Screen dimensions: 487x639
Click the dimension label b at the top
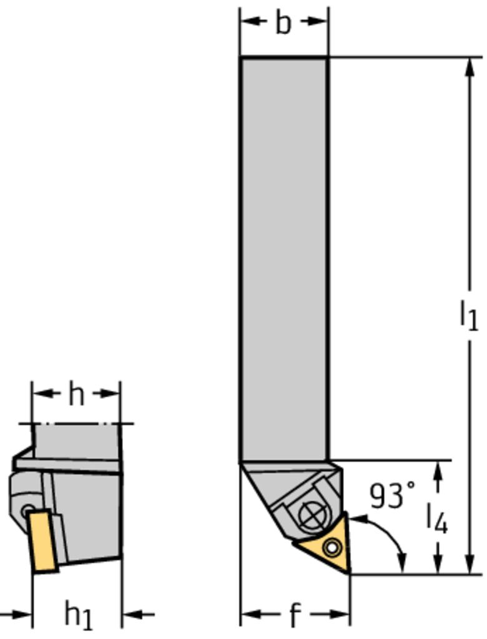pos(283,23)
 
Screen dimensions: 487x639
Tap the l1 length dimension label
pos(469,315)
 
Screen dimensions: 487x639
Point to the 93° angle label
pos(392,495)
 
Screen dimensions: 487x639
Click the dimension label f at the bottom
pos(295,615)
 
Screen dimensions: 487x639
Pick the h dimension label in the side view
pos(76,394)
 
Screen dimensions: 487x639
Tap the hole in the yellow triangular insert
pos(332,548)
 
